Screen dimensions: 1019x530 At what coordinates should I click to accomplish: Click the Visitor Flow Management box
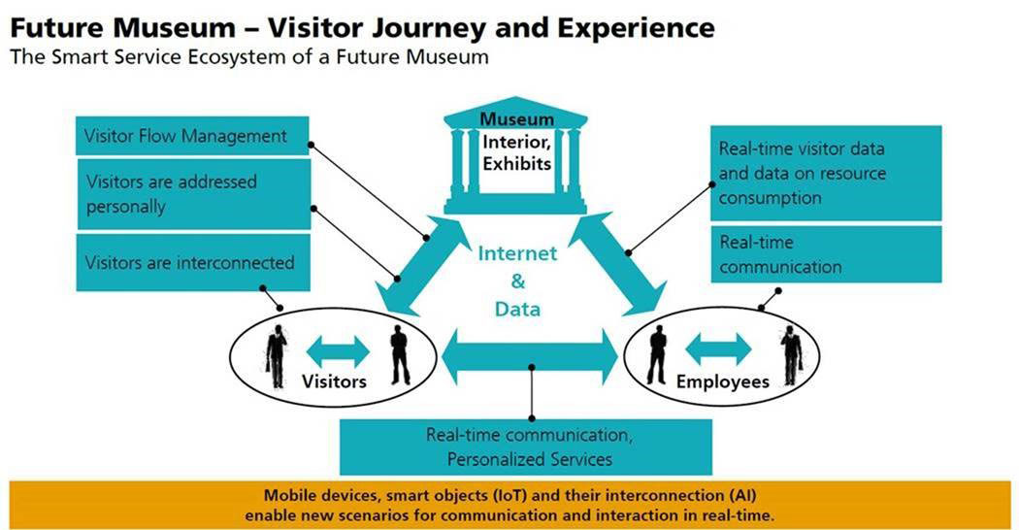pos(192,136)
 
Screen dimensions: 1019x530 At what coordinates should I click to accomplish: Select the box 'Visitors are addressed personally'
pos(194,194)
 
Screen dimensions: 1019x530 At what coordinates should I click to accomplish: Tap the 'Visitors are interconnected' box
pos(193,263)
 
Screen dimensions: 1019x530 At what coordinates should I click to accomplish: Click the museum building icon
pos(515,155)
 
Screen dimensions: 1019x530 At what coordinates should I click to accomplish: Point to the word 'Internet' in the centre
pos(517,253)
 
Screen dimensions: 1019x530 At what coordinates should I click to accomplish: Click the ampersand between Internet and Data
pos(517,281)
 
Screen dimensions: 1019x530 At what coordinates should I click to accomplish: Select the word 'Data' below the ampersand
pos(517,309)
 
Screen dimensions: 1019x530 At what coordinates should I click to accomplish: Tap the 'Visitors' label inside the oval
pos(334,381)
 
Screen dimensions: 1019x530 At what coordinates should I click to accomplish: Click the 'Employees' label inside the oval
pos(723,381)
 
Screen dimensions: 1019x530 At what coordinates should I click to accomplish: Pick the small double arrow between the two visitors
pos(338,351)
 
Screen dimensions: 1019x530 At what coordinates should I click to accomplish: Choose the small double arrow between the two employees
pos(719,349)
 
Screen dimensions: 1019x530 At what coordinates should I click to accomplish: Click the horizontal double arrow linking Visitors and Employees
pos(530,357)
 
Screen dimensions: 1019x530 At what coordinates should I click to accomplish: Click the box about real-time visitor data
pos(826,173)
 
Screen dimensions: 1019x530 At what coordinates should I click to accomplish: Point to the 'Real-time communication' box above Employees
pos(826,254)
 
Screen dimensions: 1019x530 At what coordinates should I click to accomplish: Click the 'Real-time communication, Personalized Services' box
pos(526,447)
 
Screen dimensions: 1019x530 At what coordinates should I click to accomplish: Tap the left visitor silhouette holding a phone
pos(277,355)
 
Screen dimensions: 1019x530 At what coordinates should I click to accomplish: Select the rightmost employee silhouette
pos(792,355)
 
